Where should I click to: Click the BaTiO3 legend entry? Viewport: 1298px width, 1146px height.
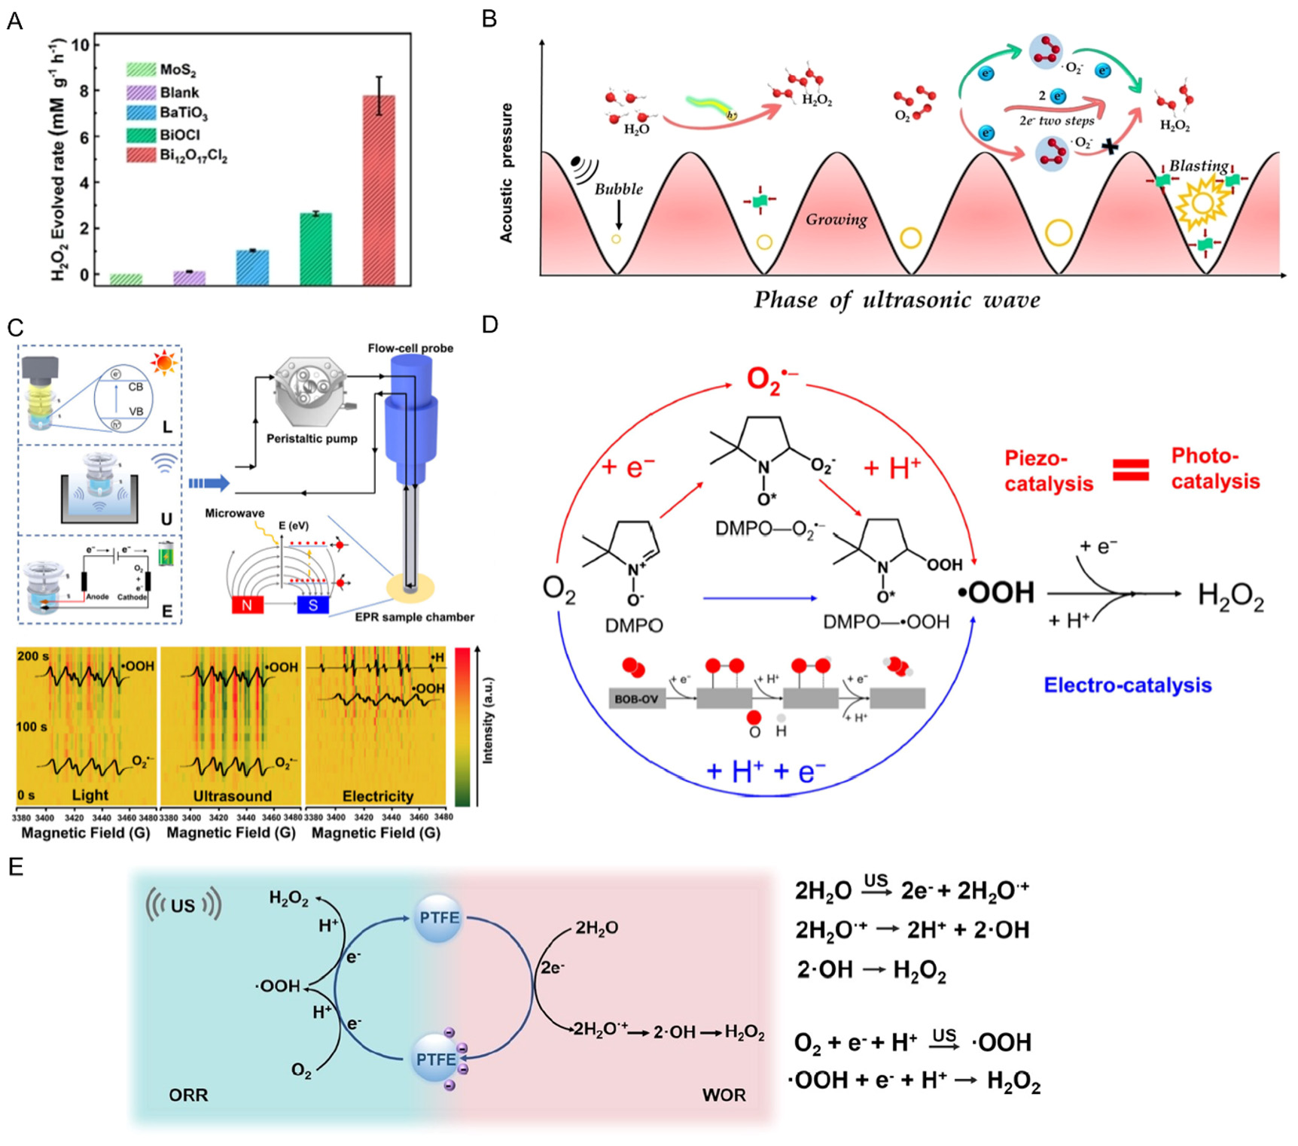[x=183, y=113]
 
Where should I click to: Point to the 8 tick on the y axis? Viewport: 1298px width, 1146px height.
[x=84, y=91]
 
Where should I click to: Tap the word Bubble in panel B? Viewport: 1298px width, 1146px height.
[x=618, y=190]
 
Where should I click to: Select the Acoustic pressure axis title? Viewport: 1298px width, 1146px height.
[x=507, y=173]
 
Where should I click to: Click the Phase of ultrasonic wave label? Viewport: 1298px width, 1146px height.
[x=897, y=300]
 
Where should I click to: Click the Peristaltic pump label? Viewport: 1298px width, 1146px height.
[x=312, y=439]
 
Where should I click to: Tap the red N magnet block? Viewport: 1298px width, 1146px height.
[x=247, y=605]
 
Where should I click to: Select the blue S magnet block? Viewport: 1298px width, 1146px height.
[x=312, y=605]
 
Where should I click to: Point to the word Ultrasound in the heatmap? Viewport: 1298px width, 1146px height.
[x=232, y=796]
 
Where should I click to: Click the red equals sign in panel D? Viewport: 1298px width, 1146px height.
[x=1131, y=470]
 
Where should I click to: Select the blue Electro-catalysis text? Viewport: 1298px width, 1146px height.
[x=1127, y=685]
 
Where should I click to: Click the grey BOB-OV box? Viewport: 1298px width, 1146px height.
[x=636, y=699]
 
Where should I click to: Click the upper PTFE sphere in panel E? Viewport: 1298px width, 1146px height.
[x=439, y=919]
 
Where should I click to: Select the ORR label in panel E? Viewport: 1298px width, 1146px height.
[x=188, y=1095]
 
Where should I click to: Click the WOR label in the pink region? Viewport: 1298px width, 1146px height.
[x=724, y=1095]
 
